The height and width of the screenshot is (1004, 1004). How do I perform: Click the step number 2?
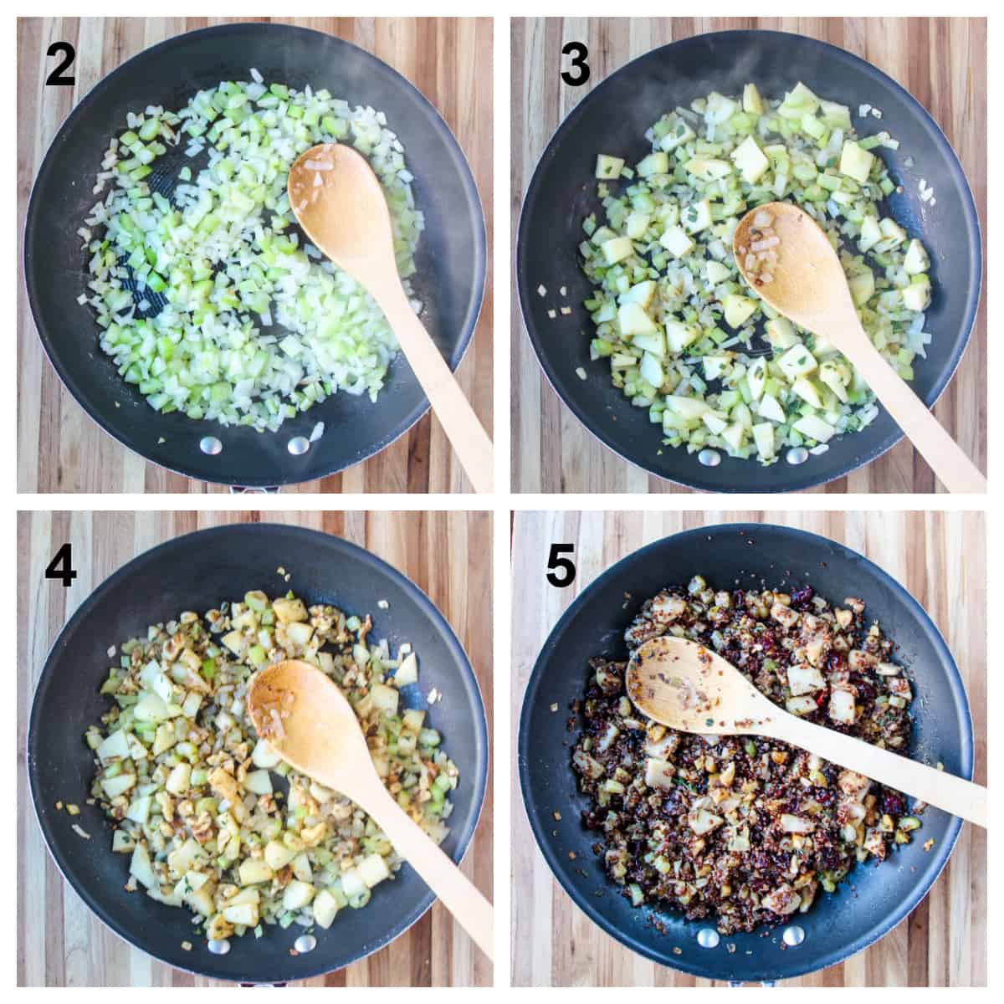coord(60,66)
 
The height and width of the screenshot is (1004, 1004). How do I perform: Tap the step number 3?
coord(575,66)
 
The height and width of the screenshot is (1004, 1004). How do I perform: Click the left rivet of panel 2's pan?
coord(209,445)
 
